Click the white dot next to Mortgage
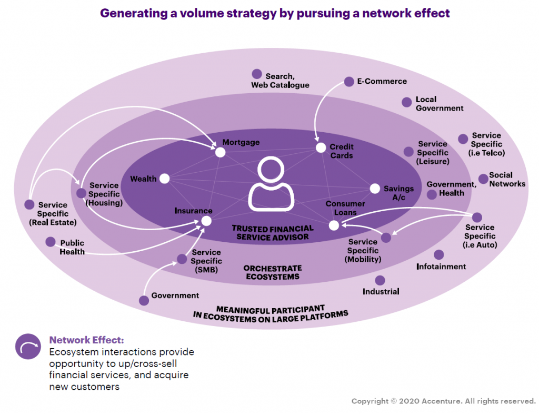[x=220, y=152]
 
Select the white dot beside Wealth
[x=164, y=179]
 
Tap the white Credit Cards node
[x=321, y=148]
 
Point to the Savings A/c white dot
[x=375, y=189]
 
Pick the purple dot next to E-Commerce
[x=349, y=82]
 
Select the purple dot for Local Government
[x=406, y=102]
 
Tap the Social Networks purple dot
[x=483, y=179]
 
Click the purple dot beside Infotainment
[x=439, y=255]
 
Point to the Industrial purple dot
[x=380, y=280]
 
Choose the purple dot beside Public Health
[x=51, y=242]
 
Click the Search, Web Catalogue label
[x=280, y=81]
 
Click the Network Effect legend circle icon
[x=28, y=347]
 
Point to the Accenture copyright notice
[x=443, y=401]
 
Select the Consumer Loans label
[x=345, y=208]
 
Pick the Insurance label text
[x=193, y=211]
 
